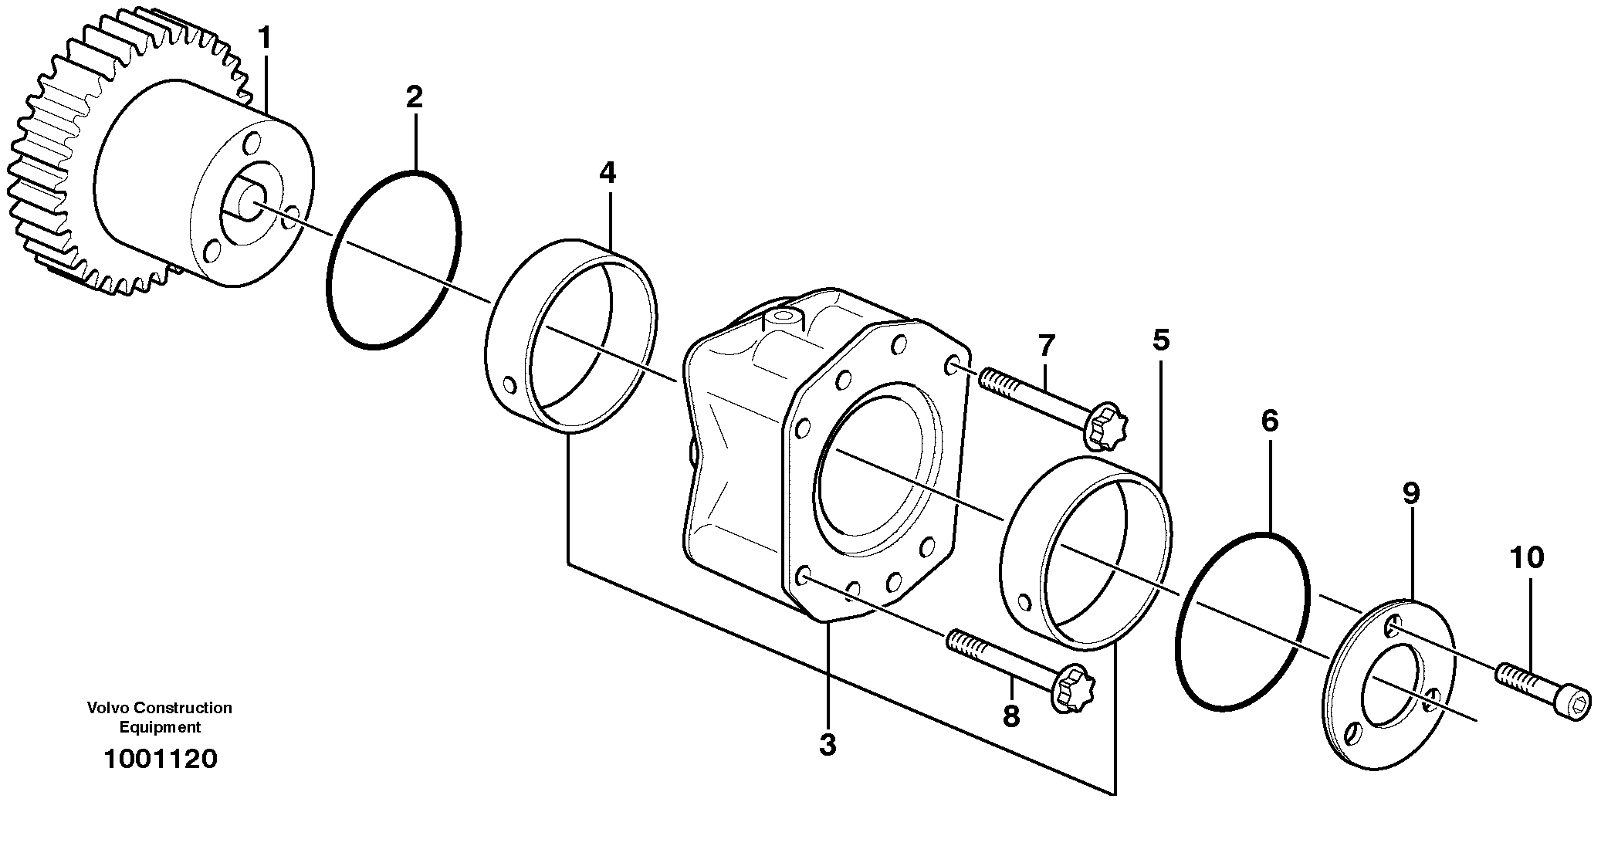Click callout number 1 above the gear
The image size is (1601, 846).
pos(265,38)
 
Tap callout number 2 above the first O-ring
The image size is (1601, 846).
pos(415,97)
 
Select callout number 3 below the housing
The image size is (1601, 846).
pos(827,745)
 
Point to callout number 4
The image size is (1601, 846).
pos(608,173)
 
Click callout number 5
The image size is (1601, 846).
pos(1161,340)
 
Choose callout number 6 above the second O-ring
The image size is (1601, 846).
pos(1270,421)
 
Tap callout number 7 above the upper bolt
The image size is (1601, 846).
pos(1046,345)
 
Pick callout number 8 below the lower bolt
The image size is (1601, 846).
pos(1010,716)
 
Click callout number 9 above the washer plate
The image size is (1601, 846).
pos(1411,493)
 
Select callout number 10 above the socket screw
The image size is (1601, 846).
pos(1526,557)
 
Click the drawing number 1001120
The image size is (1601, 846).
pos(161,759)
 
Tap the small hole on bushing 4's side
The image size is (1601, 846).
pos(507,384)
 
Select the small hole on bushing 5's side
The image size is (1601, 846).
pos(1024,601)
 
